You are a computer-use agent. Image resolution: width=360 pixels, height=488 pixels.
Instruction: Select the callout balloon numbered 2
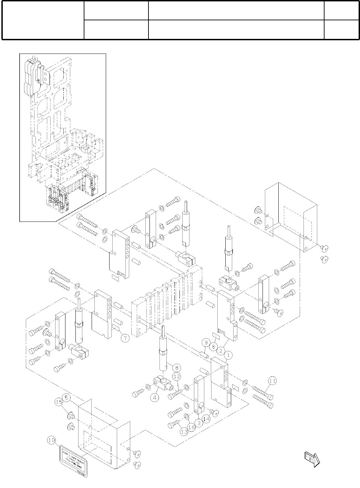coord(221,351)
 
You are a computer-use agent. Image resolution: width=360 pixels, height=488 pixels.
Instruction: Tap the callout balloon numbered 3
coord(199,422)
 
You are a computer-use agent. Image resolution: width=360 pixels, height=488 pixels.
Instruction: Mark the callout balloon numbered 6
coord(214,347)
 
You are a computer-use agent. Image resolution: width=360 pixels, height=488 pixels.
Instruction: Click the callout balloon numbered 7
coord(125,338)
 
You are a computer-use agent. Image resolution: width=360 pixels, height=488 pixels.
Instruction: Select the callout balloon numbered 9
coord(206,342)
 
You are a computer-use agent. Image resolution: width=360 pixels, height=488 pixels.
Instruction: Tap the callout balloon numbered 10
coord(51,440)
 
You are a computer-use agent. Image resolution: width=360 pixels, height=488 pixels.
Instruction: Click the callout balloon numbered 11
coord(272,381)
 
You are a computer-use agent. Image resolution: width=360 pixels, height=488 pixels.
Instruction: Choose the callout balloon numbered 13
coord(184,431)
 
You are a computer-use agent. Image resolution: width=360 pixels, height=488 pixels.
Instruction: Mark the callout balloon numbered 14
coord(206,419)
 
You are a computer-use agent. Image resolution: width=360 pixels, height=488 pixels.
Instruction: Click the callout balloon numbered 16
coord(192,427)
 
